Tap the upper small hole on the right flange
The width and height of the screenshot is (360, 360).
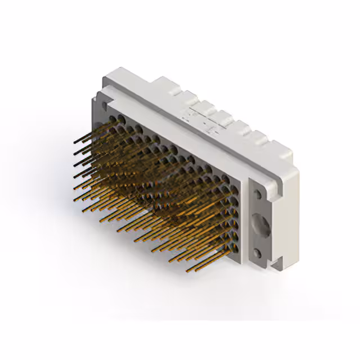(x=257, y=195)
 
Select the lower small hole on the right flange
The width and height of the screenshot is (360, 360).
(x=257, y=253)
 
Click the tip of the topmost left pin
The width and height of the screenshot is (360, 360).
(x=75, y=142)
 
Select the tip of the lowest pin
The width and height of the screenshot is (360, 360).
(x=187, y=271)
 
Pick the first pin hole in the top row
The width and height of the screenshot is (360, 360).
(x=112, y=119)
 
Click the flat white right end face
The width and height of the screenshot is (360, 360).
(x=287, y=214)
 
